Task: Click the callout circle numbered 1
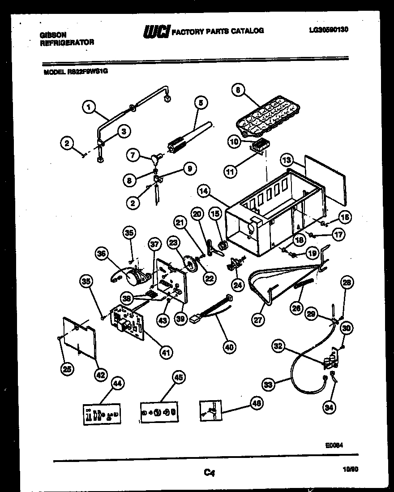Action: [90, 107]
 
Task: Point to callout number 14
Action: [204, 191]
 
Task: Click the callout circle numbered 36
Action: [102, 254]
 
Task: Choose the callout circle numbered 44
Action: [117, 384]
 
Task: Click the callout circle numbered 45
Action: [178, 378]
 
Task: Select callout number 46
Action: [257, 403]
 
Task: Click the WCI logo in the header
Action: [155, 31]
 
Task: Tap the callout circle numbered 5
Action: [200, 103]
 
